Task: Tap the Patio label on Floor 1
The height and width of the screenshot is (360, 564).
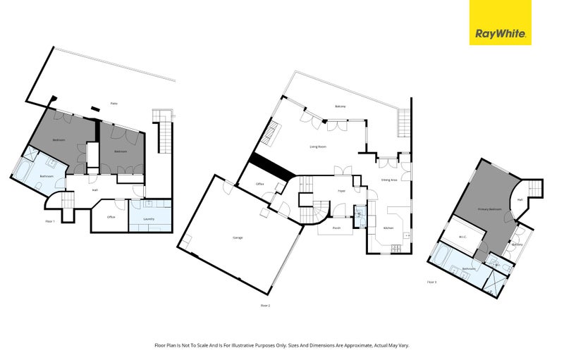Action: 114,104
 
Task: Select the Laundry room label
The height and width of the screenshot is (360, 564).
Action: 149,218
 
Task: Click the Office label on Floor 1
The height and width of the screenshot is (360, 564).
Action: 111,217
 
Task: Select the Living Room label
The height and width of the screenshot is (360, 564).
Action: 318,147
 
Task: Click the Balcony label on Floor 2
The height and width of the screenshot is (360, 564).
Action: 341,106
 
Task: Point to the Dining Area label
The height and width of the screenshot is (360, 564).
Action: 390,180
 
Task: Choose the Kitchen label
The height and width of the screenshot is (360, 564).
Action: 388,228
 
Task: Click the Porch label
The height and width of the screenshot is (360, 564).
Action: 337,228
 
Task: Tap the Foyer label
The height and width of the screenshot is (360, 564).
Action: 341,190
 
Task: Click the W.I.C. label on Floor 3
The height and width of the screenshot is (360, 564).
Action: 462,237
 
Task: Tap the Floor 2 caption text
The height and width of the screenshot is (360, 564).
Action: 265,305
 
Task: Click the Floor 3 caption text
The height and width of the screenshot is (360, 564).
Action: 431,282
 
